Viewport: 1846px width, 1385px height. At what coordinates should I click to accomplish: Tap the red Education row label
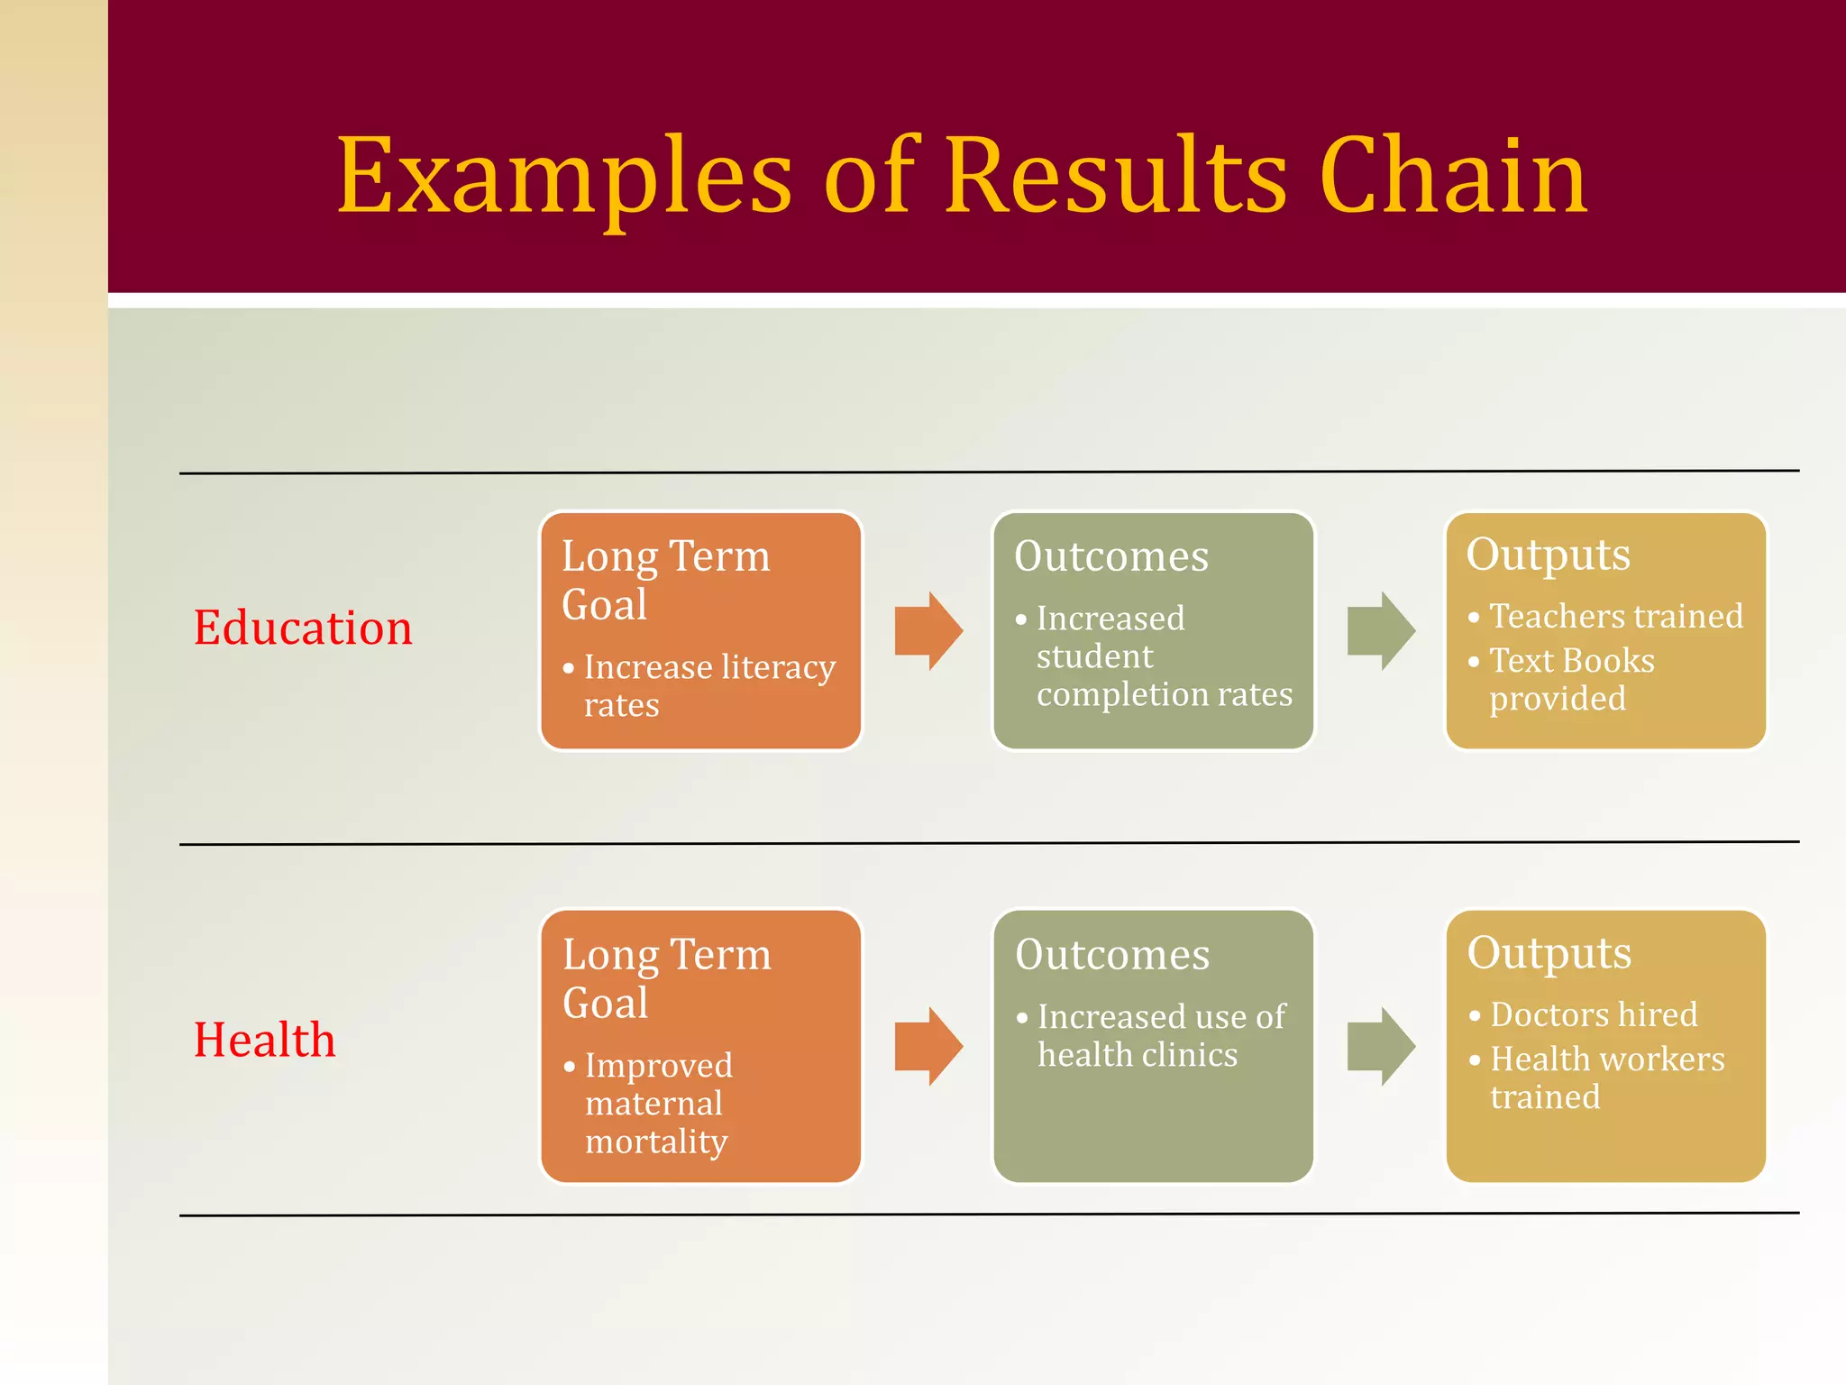(303, 628)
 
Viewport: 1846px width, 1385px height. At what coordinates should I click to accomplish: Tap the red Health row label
(264, 1040)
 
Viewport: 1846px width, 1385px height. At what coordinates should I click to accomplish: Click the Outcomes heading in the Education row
(1110, 556)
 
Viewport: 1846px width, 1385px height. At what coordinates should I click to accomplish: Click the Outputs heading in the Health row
(1549, 953)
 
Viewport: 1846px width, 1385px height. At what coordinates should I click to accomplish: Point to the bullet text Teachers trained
(1615, 617)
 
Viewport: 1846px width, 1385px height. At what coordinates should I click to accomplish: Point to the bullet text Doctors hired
(1594, 1015)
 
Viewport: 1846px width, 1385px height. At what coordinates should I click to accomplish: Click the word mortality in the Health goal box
(656, 1142)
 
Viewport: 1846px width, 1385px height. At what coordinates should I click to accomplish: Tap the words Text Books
(1571, 661)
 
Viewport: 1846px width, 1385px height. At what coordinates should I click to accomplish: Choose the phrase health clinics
(1138, 1055)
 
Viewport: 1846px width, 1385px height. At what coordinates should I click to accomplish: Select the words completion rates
(1165, 694)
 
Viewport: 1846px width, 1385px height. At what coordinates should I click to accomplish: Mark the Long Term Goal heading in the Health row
(666, 978)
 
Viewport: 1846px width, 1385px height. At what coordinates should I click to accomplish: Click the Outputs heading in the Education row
(1548, 555)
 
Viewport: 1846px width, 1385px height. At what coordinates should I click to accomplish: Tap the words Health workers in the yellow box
(1607, 1059)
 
